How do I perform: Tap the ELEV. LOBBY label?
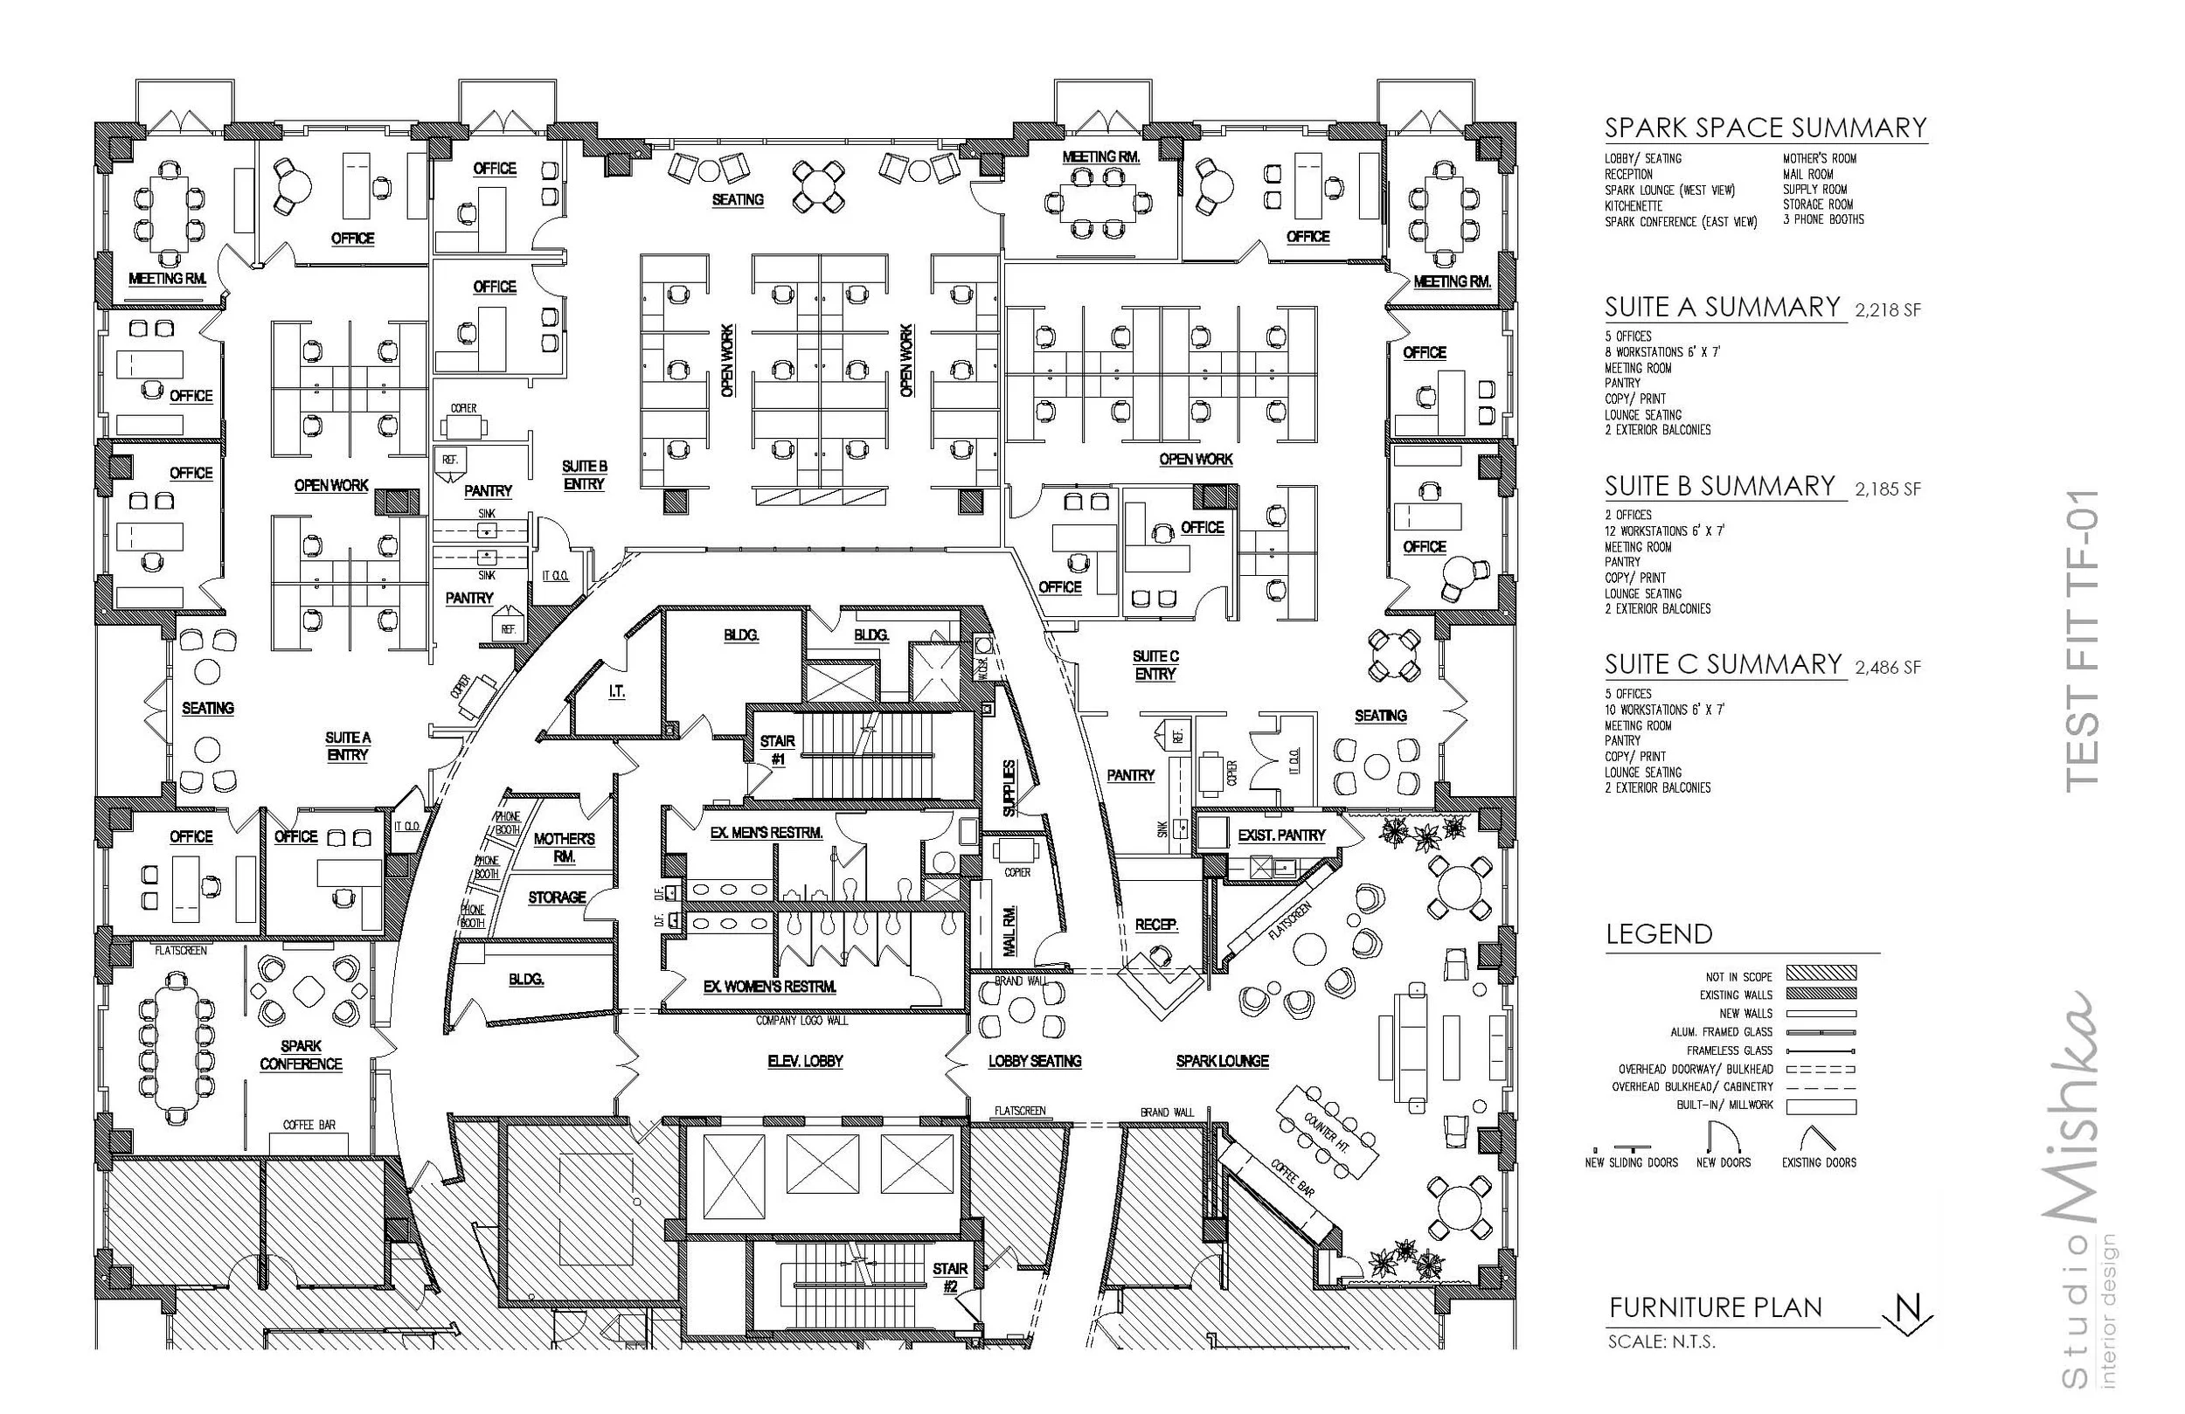point(805,1061)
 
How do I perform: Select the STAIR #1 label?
point(777,749)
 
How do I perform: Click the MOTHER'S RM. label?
point(564,847)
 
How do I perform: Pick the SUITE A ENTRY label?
point(347,745)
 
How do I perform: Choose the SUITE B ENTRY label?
point(584,475)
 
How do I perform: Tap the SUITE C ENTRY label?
point(1155,665)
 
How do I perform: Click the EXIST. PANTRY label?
point(1280,835)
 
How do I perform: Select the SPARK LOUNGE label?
point(1222,1061)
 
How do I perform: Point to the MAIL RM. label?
point(1009,930)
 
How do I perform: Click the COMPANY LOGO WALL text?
point(801,1020)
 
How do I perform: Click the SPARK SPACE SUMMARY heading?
point(1765,128)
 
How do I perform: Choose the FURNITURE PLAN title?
point(1715,1307)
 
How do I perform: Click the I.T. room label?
point(617,691)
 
